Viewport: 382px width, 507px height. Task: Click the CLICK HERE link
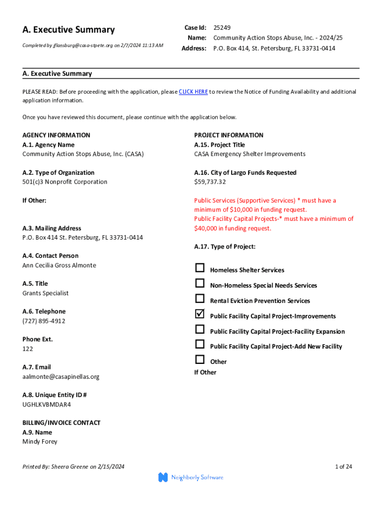point(193,92)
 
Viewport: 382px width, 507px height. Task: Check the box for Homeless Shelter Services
point(199,268)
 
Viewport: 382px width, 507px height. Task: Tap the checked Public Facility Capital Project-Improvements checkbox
point(199,314)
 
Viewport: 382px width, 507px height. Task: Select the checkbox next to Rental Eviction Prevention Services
point(199,299)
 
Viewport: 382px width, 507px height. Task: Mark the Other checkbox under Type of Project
point(199,359)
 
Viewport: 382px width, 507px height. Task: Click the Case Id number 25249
point(222,28)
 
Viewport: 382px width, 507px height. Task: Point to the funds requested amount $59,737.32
point(210,182)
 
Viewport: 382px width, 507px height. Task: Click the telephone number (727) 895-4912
point(44,321)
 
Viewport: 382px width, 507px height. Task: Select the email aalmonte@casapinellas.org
point(61,376)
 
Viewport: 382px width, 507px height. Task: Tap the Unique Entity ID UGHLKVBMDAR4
point(47,405)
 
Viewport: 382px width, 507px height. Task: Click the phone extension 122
point(28,349)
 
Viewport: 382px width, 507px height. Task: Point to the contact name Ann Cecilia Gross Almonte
point(59,265)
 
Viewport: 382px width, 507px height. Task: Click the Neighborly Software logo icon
point(163,477)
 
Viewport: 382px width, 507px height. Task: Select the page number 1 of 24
point(343,466)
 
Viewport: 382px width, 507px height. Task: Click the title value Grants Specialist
point(45,293)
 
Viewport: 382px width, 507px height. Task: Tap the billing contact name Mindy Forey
point(40,441)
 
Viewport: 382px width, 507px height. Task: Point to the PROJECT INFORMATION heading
point(229,135)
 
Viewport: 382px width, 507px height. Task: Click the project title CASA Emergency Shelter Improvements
point(250,154)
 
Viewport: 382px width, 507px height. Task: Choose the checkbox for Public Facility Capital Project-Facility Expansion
point(199,329)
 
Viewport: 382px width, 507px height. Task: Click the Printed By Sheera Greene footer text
point(73,466)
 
